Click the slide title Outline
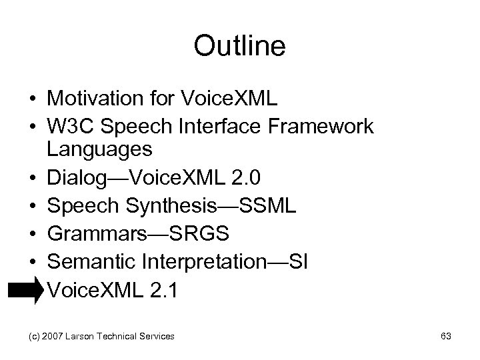pos(239,46)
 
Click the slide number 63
pos(445,337)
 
